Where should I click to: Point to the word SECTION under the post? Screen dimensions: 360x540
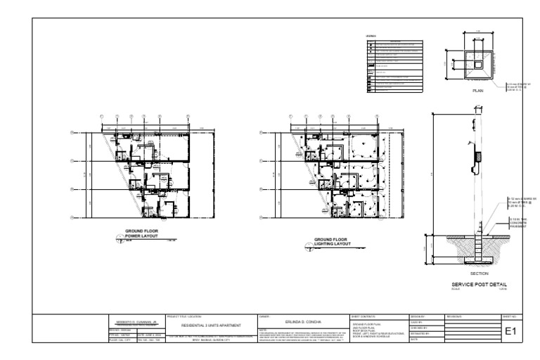(469, 273)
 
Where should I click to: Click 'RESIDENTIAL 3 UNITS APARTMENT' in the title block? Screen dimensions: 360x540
(211, 326)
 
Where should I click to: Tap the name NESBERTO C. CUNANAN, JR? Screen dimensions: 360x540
(134, 319)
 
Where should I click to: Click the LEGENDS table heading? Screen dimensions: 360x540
(371, 36)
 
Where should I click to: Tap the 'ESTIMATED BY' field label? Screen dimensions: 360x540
(419, 333)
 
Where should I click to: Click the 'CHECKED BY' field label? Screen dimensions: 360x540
(418, 327)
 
